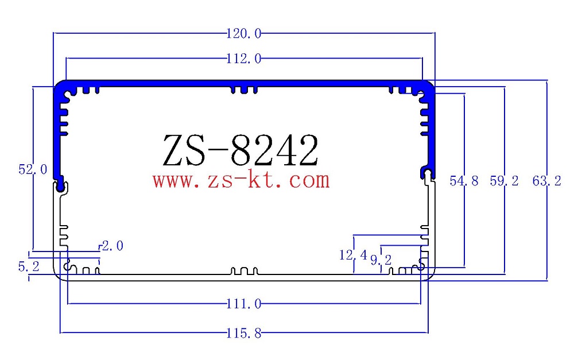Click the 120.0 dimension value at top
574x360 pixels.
tap(245, 34)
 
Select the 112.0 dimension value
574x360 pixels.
tap(245, 58)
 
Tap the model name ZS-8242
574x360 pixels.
tap(240, 152)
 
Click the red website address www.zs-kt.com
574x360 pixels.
tap(241, 181)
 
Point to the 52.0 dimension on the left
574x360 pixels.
tap(32, 170)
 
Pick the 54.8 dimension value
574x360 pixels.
tap(464, 181)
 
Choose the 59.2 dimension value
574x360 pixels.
tap(504, 181)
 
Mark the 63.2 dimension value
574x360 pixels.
tap(546, 181)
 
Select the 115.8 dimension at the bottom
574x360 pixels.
tap(245, 332)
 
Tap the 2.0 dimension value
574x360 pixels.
tap(112, 246)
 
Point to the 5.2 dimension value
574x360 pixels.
tap(28, 267)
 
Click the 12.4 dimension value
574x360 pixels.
tap(352, 254)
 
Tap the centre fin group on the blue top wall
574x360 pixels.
tap(243, 88)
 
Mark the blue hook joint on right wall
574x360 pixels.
tap(426, 172)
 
